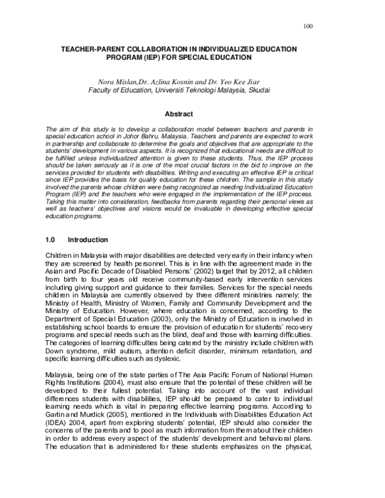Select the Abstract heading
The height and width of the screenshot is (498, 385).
click(180, 114)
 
